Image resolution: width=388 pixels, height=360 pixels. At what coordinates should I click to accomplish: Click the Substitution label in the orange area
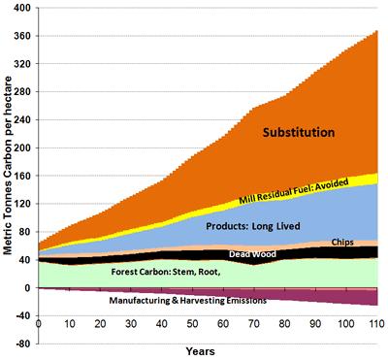point(299,133)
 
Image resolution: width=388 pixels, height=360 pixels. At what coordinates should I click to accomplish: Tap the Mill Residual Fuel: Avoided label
point(294,191)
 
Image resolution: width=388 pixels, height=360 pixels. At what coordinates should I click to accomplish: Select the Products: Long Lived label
point(253,226)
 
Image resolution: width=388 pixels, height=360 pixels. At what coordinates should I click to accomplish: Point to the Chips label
point(342,243)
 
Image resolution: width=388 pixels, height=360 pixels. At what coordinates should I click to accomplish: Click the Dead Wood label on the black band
point(252,254)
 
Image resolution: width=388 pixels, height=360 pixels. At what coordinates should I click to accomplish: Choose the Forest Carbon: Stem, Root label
point(166,272)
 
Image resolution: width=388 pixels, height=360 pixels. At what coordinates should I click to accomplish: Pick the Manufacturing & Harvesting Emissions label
point(188,301)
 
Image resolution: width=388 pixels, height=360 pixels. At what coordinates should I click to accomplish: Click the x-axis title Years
point(200,351)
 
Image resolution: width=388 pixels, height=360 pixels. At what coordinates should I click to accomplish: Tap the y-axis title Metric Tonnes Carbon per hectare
point(8,165)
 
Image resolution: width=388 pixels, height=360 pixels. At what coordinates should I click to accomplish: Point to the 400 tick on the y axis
point(22,8)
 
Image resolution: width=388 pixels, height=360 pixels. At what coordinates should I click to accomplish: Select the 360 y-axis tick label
point(22,36)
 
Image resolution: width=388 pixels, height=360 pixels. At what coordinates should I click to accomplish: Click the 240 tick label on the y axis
point(22,119)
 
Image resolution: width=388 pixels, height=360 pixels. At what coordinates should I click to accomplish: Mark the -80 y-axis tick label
point(22,344)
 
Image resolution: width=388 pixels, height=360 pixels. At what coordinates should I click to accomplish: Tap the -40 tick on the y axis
point(22,316)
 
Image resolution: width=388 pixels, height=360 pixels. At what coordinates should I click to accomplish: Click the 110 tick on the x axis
point(376,324)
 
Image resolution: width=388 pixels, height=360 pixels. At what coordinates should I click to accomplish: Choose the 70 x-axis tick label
point(254,324)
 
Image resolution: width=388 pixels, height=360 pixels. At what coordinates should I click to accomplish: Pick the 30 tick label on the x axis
point(131,324)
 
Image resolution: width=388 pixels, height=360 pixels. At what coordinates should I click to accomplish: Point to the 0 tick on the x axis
point(39,324)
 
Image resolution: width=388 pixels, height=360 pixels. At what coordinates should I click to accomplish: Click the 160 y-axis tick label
point(22,176)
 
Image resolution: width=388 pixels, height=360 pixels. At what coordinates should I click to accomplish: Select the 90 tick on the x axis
point(315,324)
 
